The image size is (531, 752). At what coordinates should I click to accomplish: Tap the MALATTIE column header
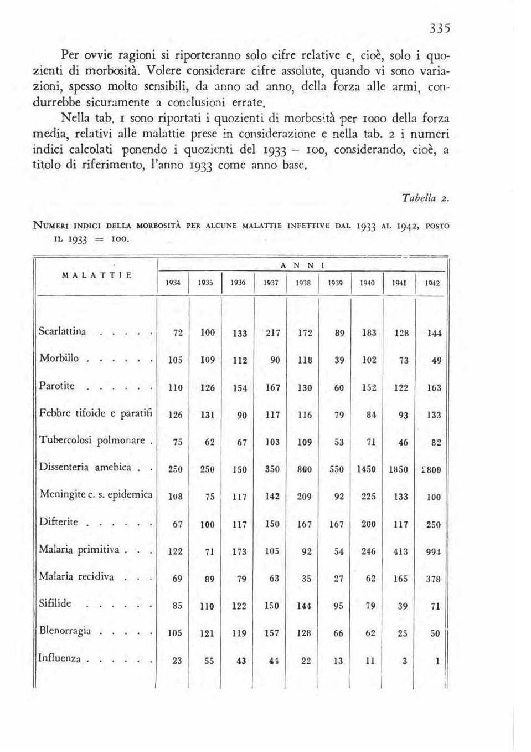click(97, 274)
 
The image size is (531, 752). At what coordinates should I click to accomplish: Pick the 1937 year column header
click(271, 283)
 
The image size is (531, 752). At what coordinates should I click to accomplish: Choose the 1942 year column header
click(432, 283)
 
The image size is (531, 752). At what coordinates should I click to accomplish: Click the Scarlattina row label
click(63, 331)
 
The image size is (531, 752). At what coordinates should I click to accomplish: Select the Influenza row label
click(60, 658)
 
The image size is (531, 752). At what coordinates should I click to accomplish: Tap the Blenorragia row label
click(65, 631)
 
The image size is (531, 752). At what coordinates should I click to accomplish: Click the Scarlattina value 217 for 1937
click(273, 333)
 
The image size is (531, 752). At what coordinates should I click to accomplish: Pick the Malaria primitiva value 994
click(434, 551)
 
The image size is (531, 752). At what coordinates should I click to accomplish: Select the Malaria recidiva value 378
click(434, 579)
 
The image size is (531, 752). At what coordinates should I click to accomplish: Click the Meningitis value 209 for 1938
click(305, 497)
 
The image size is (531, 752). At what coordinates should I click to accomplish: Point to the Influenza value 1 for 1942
click(437, 661)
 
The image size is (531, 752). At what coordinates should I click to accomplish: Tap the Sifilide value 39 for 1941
click(403, 606)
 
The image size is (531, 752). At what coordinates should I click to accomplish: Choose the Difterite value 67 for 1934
click(177, 524)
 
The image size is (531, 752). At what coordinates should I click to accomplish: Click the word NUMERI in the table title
click(51, 226)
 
